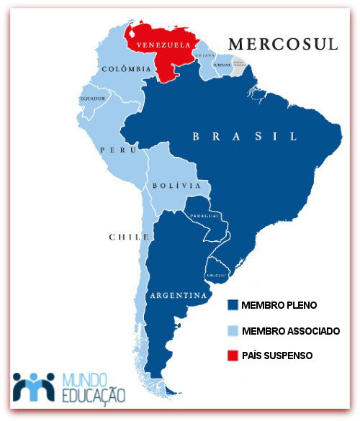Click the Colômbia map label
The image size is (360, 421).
(x=126, y=69)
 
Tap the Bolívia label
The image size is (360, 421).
(x=176, y=186)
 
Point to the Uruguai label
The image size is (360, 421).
(x=217, y=274)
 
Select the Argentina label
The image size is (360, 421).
(x=178, y=296)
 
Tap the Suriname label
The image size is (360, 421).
(x=221, y=63)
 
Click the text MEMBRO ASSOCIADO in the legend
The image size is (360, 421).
(x=291, y=330)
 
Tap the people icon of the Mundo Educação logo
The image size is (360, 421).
(x=34, y=386)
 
